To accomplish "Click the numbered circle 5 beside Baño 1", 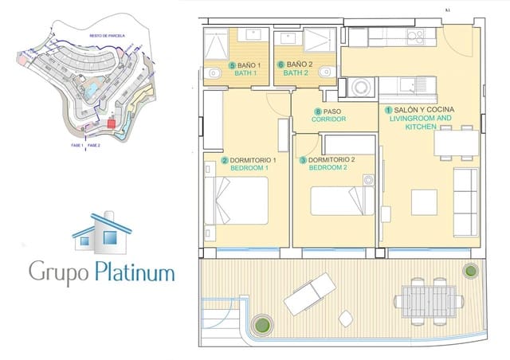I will coord(232,65).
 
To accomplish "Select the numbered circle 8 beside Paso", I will coord(318,112).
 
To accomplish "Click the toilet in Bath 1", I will coord(213,73).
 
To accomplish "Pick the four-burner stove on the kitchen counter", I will coord(418,37).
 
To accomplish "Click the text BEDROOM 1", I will coord(249,169).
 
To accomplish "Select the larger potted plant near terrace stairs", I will coord(261,325).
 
